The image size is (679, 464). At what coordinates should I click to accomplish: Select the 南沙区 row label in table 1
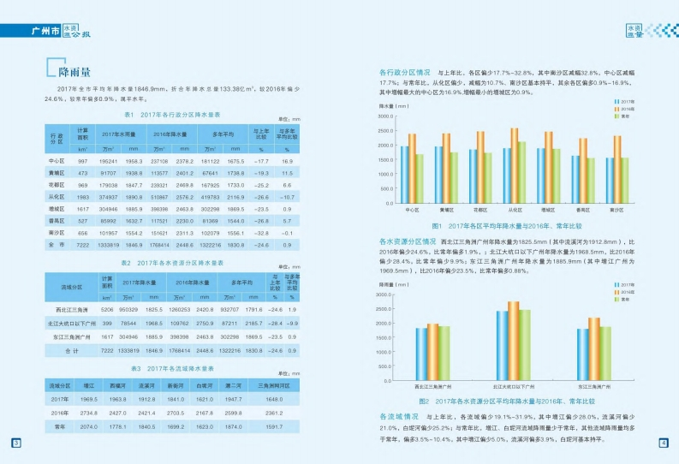[x=57, y=232]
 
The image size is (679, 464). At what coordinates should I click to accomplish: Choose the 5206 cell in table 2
[x=107, y=309]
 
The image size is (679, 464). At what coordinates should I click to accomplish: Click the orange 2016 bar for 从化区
[x=514, y=164]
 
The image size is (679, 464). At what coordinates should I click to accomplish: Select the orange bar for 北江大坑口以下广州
[x=514, y=340]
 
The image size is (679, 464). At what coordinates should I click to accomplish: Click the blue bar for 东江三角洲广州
[x=582, y=354]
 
